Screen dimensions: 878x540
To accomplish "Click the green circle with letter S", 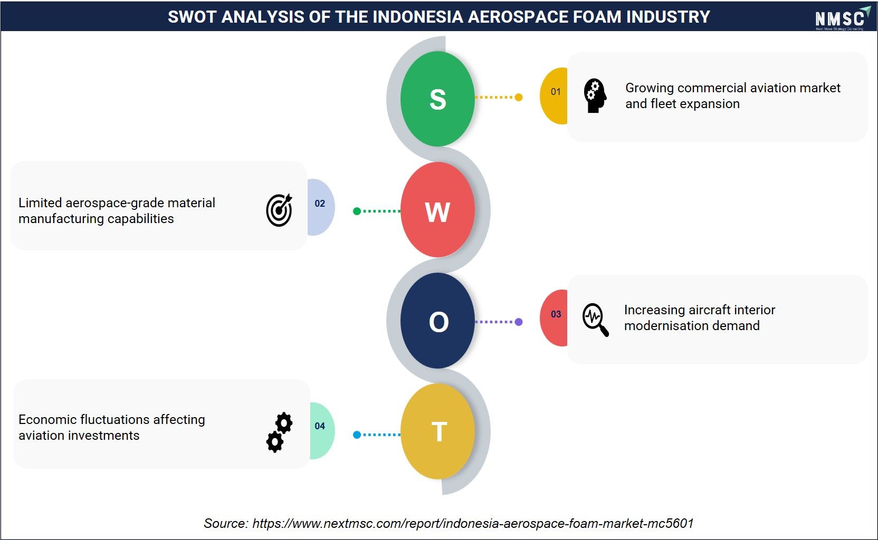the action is (x=437, y=99).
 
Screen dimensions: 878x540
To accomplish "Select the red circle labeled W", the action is (x=437, y=210).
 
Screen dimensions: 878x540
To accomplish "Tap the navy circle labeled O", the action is (x=437, y=321).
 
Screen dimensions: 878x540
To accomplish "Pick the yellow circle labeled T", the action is (x=437, y=431).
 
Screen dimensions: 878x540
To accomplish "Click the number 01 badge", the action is (x=554, y=95).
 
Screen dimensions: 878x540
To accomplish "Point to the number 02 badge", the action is (x=321, y=207).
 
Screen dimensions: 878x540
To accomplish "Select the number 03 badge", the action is (x=554, y=318).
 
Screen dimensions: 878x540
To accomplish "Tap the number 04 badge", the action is (x=322, y=430).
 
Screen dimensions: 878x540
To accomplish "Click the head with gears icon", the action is (x=595, y=95).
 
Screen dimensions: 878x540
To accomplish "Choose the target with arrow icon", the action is (x=280, y=210).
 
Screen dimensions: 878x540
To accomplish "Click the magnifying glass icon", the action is (x=595, y=320).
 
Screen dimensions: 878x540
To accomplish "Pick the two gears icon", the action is (x=280, y=432).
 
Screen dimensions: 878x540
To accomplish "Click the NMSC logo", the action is (x=842, y=18).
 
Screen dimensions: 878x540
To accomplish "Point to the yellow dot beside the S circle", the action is (x=519, y=97).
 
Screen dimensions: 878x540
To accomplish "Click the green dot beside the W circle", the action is (x=357, y=211).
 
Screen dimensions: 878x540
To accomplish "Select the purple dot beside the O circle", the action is (x=519, y=322).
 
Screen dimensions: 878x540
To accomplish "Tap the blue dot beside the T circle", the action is (x=357, y=435).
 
